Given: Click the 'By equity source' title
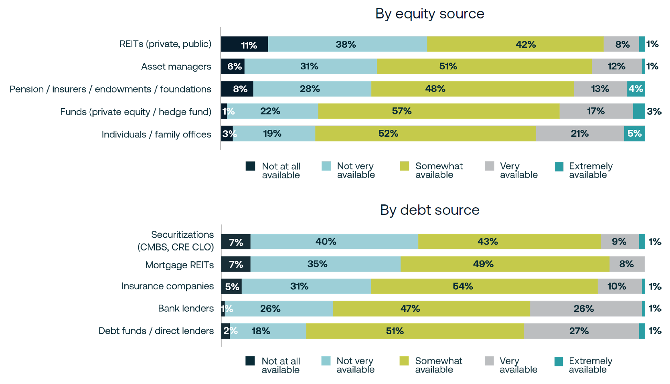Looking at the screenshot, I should (429, 14).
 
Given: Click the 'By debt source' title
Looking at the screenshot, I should (429, 210).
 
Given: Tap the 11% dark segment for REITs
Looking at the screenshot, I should (245, 44).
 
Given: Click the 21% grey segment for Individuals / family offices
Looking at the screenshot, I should (580, 133).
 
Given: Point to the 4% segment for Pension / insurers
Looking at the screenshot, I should (636, 89).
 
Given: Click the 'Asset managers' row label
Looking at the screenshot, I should (176, 67).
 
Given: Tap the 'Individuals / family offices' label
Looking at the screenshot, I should (156, 134).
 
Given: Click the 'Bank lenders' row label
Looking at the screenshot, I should (186, 308).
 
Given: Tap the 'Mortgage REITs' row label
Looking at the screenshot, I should (179, 265).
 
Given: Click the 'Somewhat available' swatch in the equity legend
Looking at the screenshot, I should (405, 166).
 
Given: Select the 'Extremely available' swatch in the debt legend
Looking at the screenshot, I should (559, 361).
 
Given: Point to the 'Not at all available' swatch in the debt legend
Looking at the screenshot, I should (250, 361).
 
